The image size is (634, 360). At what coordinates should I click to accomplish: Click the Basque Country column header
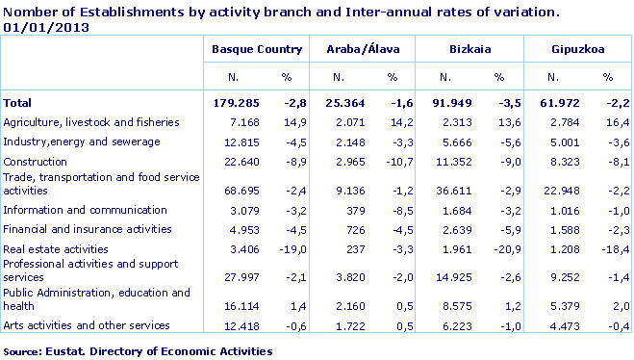click(x=257, y=48)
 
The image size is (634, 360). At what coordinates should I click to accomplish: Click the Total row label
click(x=18, y=102)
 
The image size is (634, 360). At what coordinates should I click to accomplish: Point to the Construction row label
click(x=35, y=162)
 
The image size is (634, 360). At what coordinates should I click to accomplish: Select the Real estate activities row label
click(x=54, y=248)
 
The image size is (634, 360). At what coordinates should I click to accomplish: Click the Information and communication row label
click(x=72, y=210)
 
